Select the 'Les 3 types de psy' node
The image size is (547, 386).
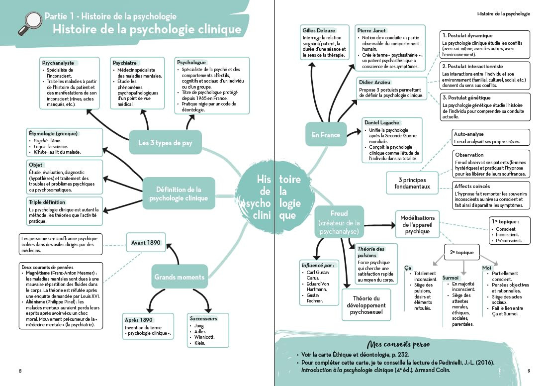tap(165, 144)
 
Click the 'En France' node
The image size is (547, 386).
tap(326, 135)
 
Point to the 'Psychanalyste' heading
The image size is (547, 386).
tap(58, 63)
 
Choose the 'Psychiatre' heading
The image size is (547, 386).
tap(125, 63)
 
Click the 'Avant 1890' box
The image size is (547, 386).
tap(146, 243)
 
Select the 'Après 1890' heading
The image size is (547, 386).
tap(139, 320)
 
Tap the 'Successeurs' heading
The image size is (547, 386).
tap(203, 318)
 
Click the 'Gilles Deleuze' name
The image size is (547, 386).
tap(319, 31)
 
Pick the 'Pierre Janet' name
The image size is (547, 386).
tap(372, 31)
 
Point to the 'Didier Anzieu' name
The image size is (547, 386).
tap(375, 82)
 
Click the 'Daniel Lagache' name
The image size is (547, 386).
tap(382, 122)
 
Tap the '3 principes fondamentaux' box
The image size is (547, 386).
tap(412, 183)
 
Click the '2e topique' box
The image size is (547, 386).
tap(462, 252)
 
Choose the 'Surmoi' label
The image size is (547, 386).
tap(450, 278)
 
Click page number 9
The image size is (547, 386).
tap(529, 371)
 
